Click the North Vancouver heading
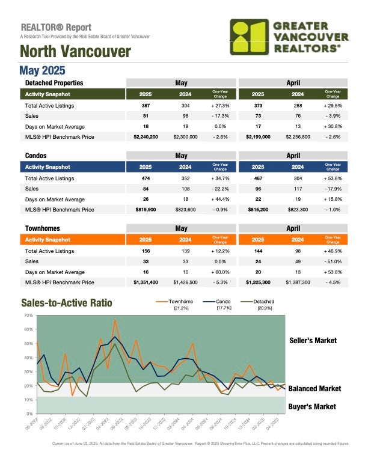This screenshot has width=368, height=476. click(x=76, y=52)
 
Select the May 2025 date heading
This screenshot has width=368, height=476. click(x=43, y=71)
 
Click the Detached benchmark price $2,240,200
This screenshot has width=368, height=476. click(x=146, y=138)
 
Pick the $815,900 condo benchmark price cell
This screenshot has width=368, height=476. click(x=146, y=210)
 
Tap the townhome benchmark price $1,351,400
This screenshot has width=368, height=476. click(x=146, y=282)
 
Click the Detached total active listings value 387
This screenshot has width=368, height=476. click(x=146, y=106)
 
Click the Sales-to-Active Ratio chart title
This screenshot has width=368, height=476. click(x=66, y=303)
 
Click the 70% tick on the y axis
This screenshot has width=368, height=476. click(x=28, y=315)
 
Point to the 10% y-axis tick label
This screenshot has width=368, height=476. click(x=28, y=400)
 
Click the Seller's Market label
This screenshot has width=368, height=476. click(x=313, y=341)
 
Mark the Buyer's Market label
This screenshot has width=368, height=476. click(x=312, y=407)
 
